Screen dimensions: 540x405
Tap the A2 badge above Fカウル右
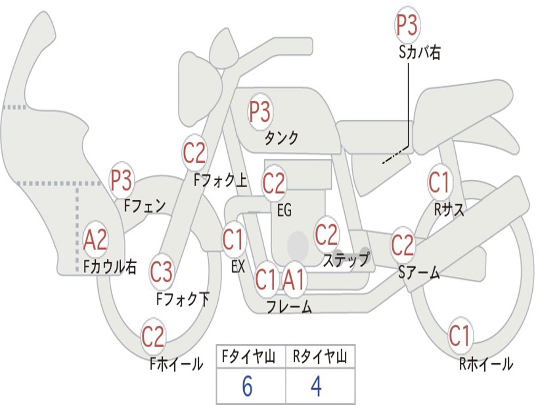coord(95,240)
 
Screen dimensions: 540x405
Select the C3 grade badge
coord(161,272)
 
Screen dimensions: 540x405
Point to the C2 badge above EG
coord(274,183)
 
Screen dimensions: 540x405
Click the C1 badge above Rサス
coord(439,182)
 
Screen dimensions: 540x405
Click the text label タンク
coord(281,138)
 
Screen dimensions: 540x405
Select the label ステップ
coord(346,260)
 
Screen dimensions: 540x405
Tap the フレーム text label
coord(289,306)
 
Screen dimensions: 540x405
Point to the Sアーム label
coord(419,273)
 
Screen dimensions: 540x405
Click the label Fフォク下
coord(182,300)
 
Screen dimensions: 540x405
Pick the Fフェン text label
coord(145,205)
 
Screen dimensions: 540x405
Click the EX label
coord(238,267)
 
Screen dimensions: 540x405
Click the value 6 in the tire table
coord(247,387)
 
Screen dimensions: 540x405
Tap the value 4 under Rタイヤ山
coord(316,387)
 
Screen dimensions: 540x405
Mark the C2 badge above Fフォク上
coord(194,153)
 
